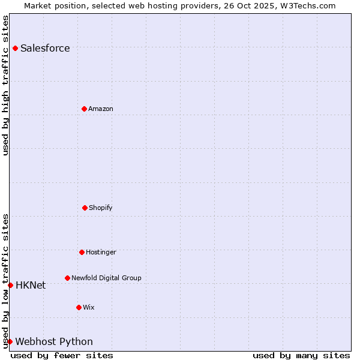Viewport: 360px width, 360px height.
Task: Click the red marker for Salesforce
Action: (x=15, y=48)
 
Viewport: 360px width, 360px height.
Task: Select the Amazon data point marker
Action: (x=84, y=109)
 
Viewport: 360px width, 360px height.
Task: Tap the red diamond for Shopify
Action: (x=85, y=208)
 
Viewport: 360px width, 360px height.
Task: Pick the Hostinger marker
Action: (x=82, y=252)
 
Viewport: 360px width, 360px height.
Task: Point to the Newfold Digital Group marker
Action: (x=67, y=278)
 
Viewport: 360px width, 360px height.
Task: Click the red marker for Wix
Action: (x=79, y=307)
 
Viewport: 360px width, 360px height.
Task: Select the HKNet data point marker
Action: (x=10, y=285)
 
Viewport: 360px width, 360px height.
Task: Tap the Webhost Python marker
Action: (x=10, y=341)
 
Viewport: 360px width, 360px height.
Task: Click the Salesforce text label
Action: (x=45, y=49)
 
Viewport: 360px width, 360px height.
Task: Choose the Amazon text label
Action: (x=101, y=109)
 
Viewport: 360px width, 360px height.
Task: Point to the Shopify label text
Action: (x=101, y=208)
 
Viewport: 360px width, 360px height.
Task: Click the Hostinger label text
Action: (x=101, y=253)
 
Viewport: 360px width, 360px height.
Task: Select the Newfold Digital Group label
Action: (x=106, y=278)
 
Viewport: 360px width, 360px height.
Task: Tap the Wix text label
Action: (x=89, y=308)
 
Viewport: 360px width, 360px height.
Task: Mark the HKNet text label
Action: (x=31, y=286)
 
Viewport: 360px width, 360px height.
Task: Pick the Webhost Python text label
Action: (x=54, y=342)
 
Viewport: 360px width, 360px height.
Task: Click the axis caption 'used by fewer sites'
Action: (x=62, y=355)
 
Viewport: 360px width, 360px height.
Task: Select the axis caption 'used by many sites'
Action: (x=301, y=355)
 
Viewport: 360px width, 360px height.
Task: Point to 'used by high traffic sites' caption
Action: (x=5, y=85)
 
